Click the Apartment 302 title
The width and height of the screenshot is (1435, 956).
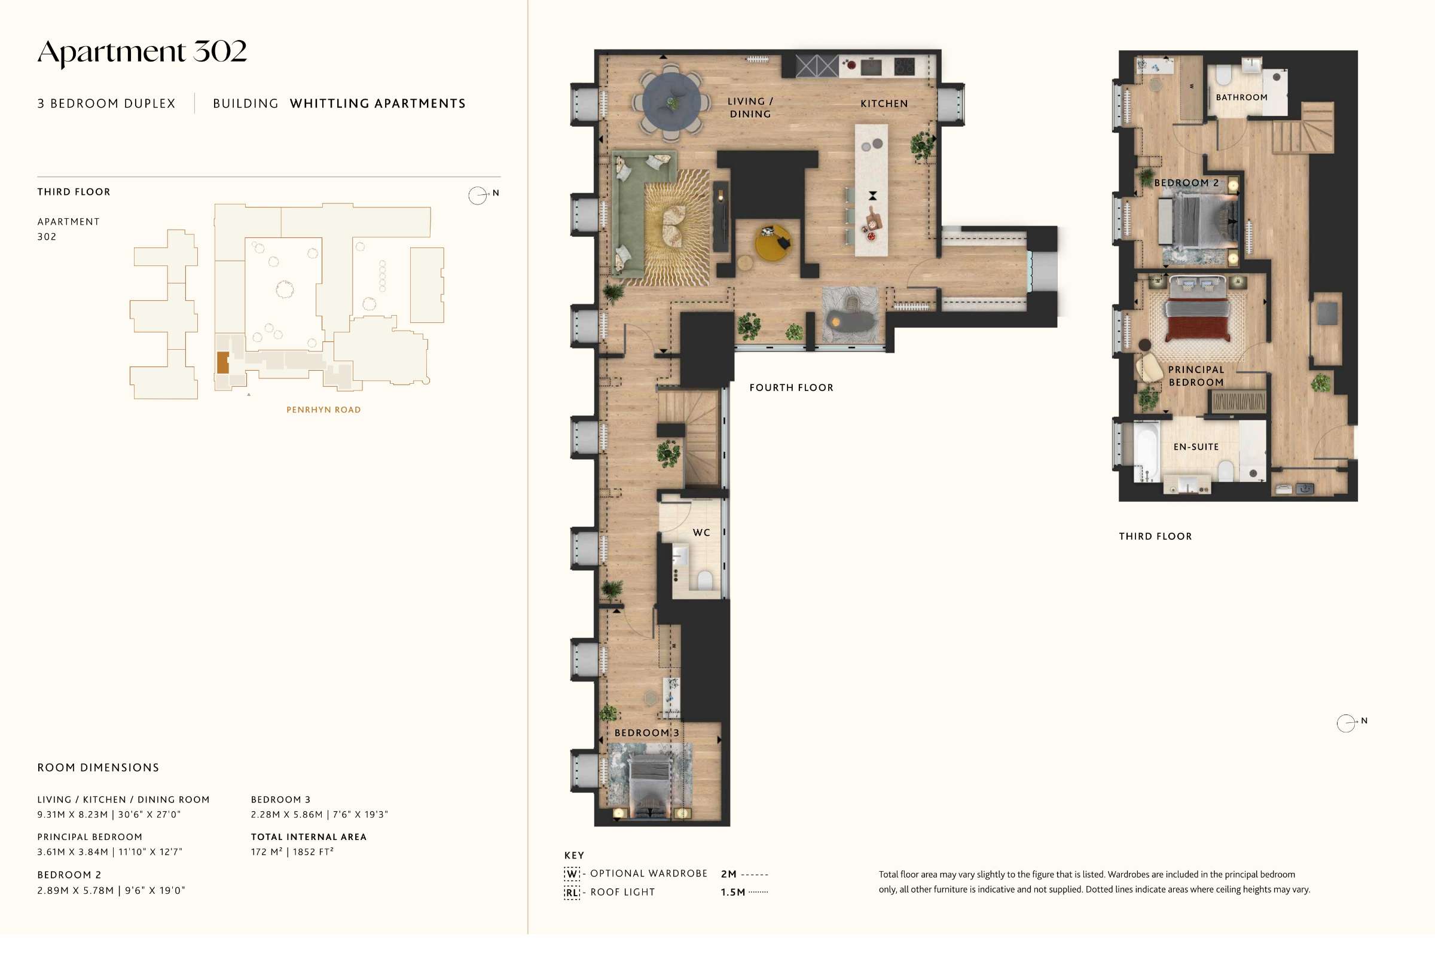(142, 52)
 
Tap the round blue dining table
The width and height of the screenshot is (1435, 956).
(671, 102)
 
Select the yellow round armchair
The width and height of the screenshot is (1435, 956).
(773, 243)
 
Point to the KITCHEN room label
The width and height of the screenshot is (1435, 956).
(884, 103)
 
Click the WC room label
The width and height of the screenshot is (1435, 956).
(701, 532)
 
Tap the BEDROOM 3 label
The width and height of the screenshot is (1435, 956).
(646, 732)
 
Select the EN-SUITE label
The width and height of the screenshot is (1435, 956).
(1196, 447)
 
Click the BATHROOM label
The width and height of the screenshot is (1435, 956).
(1241, 97)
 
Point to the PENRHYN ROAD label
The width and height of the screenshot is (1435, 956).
(323, 410)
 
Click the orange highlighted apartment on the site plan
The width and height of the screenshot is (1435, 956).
(223, 362)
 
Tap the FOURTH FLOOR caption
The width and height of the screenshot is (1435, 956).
(791, 388)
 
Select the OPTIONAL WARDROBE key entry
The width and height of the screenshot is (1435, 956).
(636, 873)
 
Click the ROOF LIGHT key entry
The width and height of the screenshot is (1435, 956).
(610, 893)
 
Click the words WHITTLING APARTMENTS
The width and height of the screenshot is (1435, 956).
(378, 103)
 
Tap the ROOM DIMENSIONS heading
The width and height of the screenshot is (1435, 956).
(98, 768)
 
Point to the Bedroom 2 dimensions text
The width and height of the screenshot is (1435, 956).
(111, 891)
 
